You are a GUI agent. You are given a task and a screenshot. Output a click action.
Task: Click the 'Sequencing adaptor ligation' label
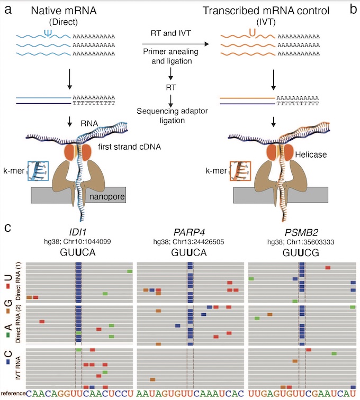point(172,116)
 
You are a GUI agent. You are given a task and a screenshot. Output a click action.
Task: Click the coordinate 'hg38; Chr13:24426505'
point(188,242)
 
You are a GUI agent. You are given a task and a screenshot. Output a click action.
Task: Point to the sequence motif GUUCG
point(299,252)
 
